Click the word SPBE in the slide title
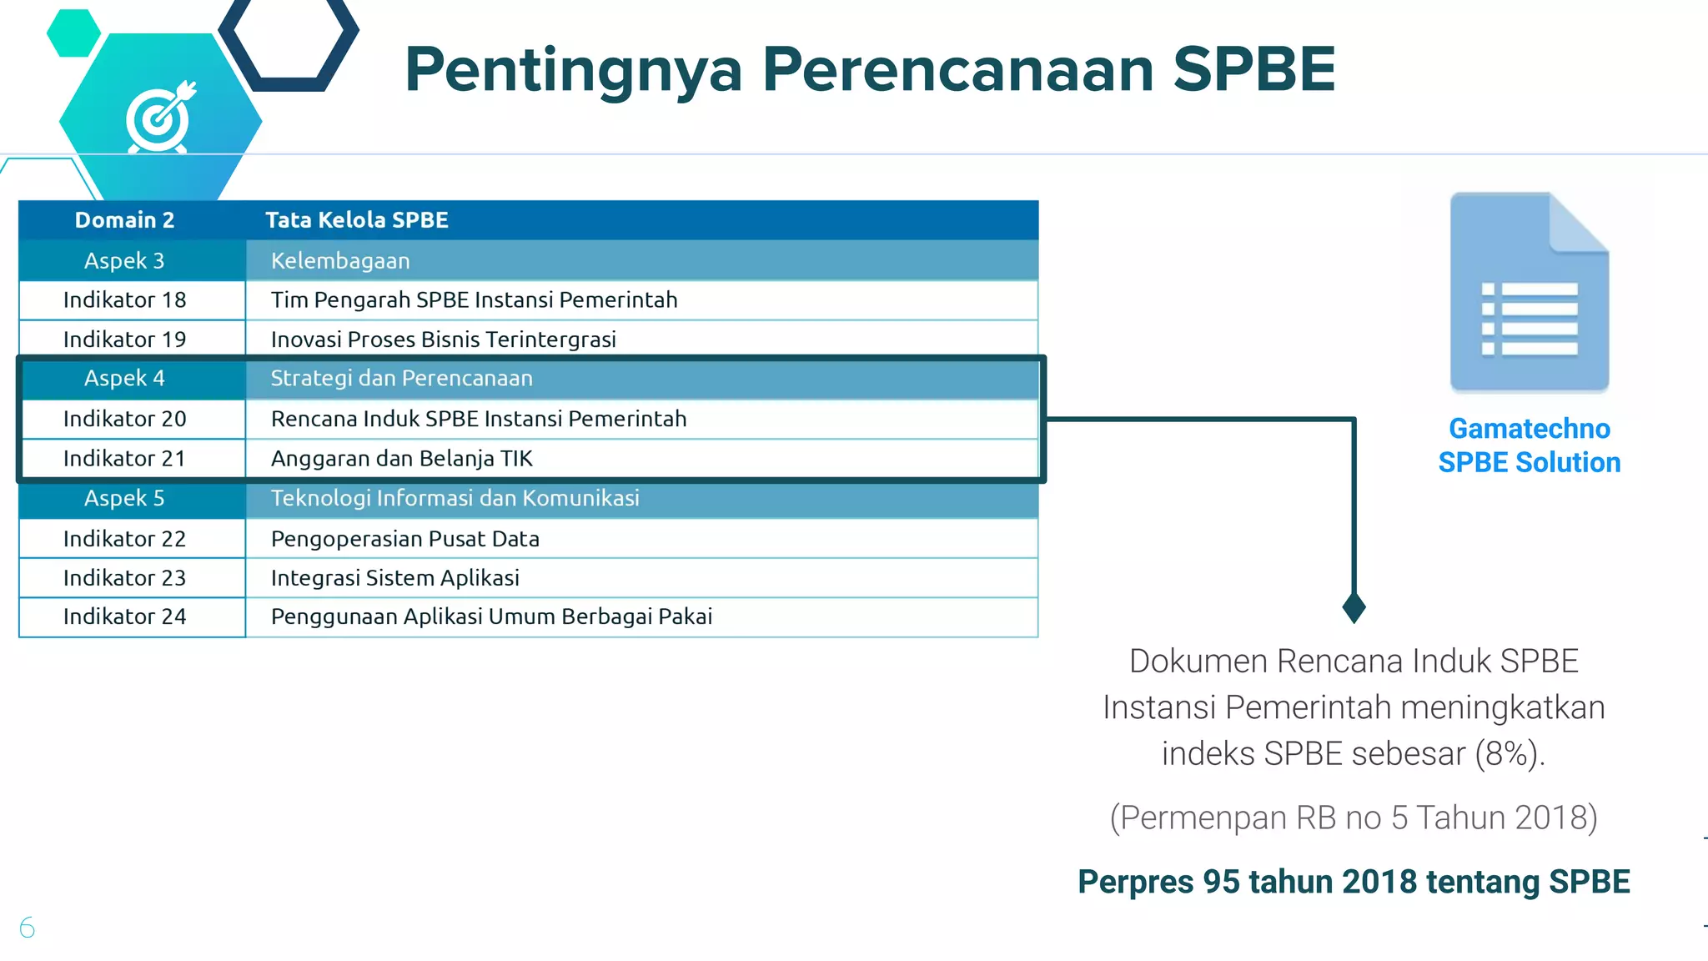point(1253,69)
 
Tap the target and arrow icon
point(159,118)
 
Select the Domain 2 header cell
point(124,220)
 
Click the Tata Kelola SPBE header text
point(356,220)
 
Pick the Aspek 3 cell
point(124,261)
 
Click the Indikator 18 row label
point(124,300)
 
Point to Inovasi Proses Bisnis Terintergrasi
point(443,340)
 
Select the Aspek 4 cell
point(124,379)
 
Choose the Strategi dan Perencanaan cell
point(401,379)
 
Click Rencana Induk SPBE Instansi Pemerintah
point(478,419)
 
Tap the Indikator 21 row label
point(124,459)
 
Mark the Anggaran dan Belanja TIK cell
point(401,459)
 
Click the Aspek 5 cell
point(124,499)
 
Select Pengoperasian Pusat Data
point(404,539)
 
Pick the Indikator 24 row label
point(124,616)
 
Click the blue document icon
point(1529,292)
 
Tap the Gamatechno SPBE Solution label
point(1529,445)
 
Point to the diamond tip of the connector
point(1354,607)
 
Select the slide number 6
point(27,928)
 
